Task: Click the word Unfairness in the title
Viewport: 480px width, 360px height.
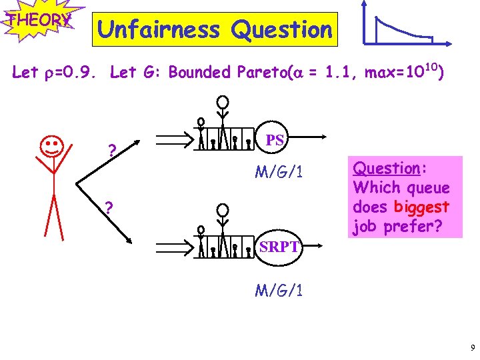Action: pos(158,29)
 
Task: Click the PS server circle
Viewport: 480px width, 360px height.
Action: pos(275,140)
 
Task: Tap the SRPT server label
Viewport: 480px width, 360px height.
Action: pos(279,247)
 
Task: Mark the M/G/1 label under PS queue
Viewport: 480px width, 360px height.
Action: pos(279,173)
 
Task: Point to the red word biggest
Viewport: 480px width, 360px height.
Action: pos(421,207)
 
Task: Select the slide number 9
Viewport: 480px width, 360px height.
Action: pos(472,347)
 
